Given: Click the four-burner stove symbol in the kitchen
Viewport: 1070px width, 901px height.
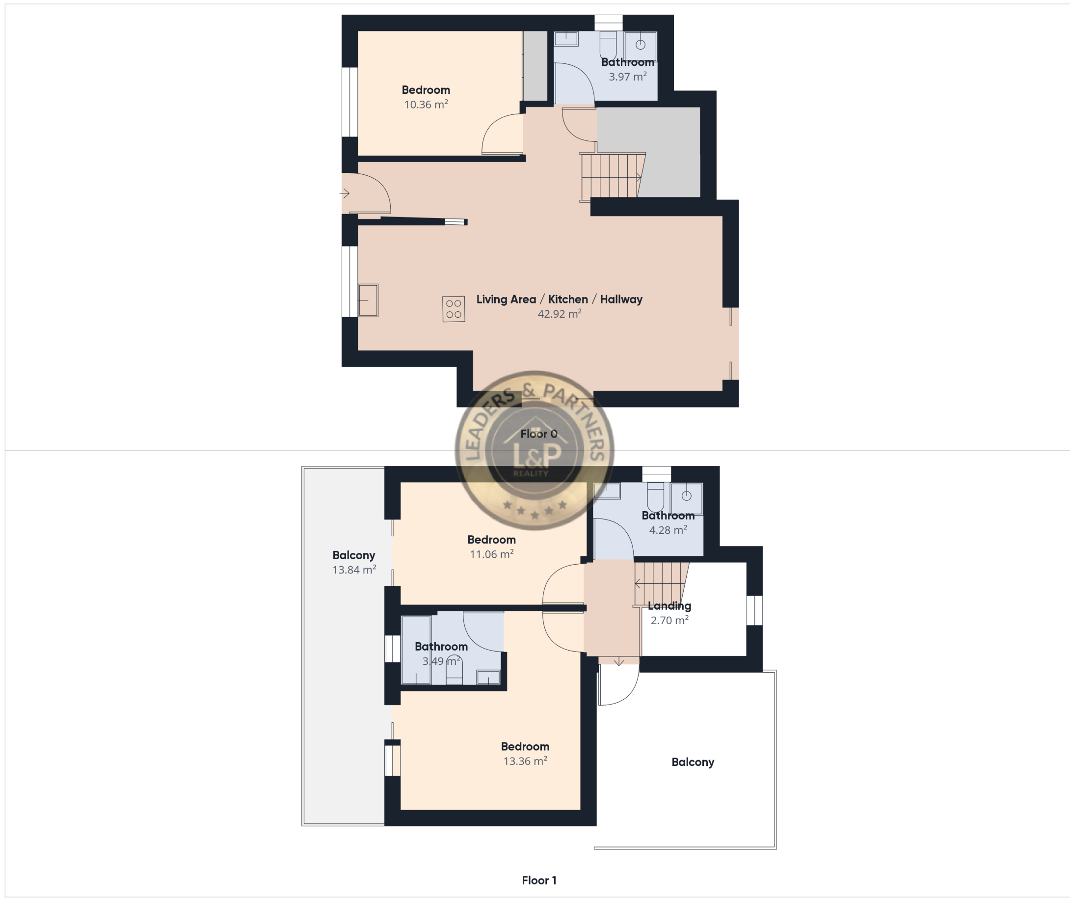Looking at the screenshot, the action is coord(454,309).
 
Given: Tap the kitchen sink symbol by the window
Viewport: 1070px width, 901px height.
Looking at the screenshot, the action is coord(368,300).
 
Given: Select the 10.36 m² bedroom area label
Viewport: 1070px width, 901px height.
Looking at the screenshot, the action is coord(426,105).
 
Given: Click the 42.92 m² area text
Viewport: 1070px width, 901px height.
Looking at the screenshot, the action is coord(560,314).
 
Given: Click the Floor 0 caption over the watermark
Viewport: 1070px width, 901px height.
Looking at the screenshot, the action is coord(538,434).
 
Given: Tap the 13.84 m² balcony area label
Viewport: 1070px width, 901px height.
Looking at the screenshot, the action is coord(354,570).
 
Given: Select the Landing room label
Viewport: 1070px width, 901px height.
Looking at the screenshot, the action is coord(669,606).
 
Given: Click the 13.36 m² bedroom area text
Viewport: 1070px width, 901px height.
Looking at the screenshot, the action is coord(525,761).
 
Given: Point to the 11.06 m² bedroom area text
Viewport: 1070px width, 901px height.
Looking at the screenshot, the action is coord(492,554).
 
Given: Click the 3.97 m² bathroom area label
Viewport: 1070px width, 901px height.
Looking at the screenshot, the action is coord(627,77).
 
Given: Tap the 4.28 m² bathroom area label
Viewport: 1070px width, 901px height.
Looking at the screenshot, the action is coord(668,530).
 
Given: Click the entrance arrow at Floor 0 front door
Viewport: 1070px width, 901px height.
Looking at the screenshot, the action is coord(345,193).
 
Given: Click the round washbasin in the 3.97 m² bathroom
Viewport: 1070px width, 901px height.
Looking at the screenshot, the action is coord(640,45).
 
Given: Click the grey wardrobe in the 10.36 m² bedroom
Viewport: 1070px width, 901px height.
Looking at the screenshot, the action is coord(535,66).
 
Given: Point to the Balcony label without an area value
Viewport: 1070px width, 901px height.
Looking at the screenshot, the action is coord(693,762).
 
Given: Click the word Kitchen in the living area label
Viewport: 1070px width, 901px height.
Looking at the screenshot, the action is coord(568,300).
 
